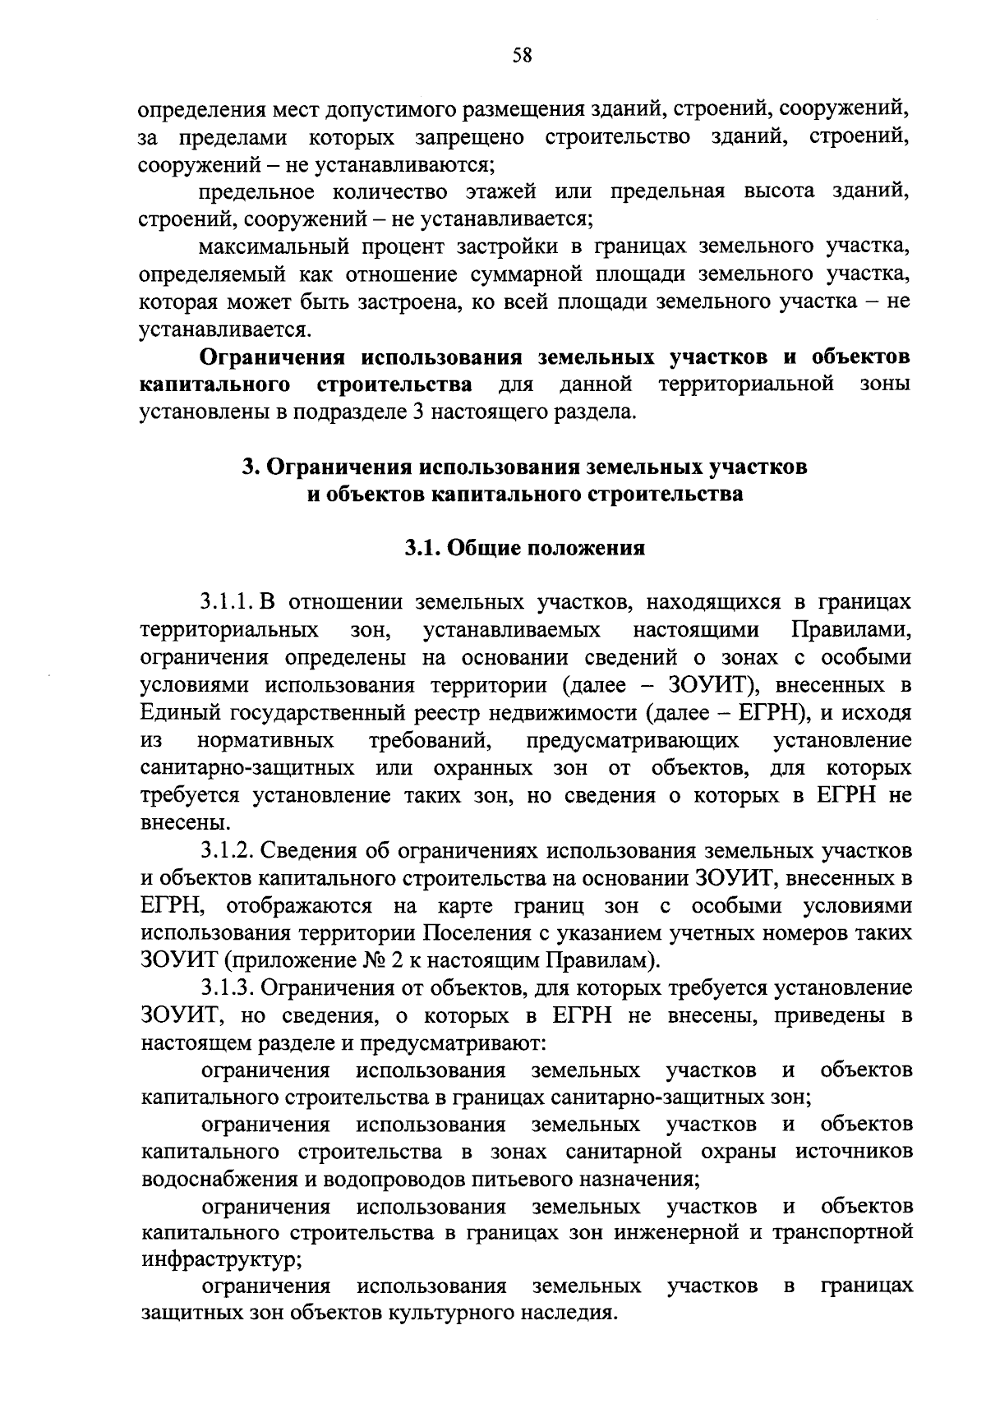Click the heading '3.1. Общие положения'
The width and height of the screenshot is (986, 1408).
524,549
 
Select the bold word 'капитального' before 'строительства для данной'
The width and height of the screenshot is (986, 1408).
215,384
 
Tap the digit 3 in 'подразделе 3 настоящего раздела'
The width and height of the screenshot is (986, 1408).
412,411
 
